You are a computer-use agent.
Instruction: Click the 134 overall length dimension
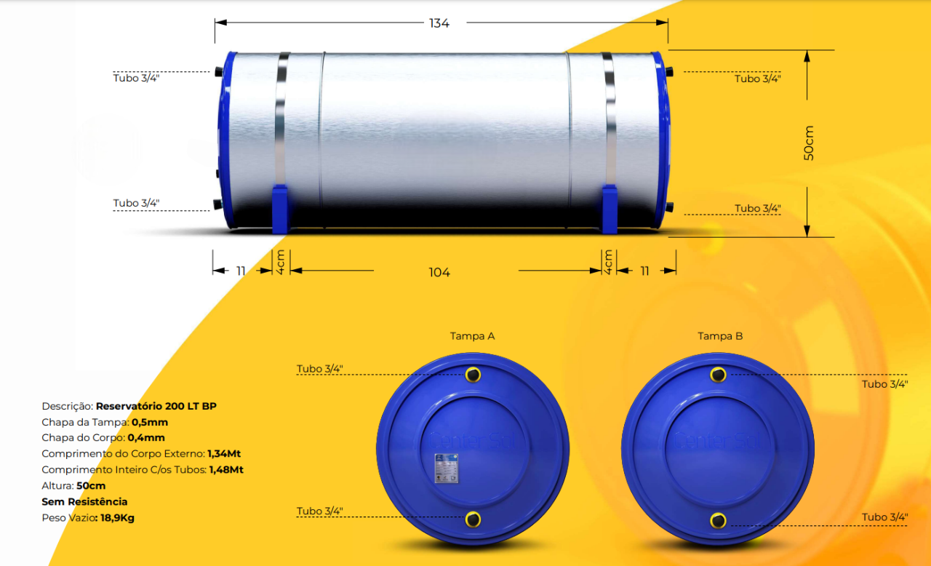tap(439, 23)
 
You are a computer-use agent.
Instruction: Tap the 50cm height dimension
tap(809, 143)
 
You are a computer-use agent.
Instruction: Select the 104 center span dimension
tap(439, 272)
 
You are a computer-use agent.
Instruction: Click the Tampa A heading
tap(472, 336)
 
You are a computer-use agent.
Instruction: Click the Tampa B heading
tap(720, 336)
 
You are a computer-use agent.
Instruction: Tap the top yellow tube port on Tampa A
tap(474, 375)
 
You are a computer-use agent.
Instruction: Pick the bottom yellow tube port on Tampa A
tap(474, 519)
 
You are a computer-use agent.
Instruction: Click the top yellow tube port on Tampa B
tap(719, 375)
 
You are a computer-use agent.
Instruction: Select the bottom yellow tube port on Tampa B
tap(719, 519)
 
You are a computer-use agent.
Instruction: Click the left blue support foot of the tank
tap(281, 210)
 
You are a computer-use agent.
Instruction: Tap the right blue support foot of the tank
tap(610, 210)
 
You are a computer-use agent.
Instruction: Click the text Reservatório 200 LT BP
tap(156, 406)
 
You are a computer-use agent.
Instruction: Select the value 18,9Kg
tap(116, 518)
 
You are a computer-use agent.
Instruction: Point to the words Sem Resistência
tap(84, 502)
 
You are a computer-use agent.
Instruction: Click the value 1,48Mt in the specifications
tap(225, 470)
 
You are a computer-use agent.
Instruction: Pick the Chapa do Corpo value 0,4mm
tap(146, 438)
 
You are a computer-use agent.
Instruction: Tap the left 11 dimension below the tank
tap(241, 271)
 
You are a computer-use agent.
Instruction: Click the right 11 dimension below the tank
tap(644, 271)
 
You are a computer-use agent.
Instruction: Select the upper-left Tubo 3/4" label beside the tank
tap(136, 78)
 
